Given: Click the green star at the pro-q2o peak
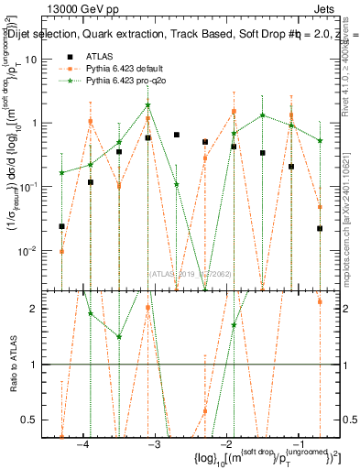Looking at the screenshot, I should [147, 105].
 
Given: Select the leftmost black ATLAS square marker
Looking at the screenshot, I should [62, 226].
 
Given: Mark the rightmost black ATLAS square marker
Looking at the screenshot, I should [320, 229].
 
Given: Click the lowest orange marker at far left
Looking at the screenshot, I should [62, 251].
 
